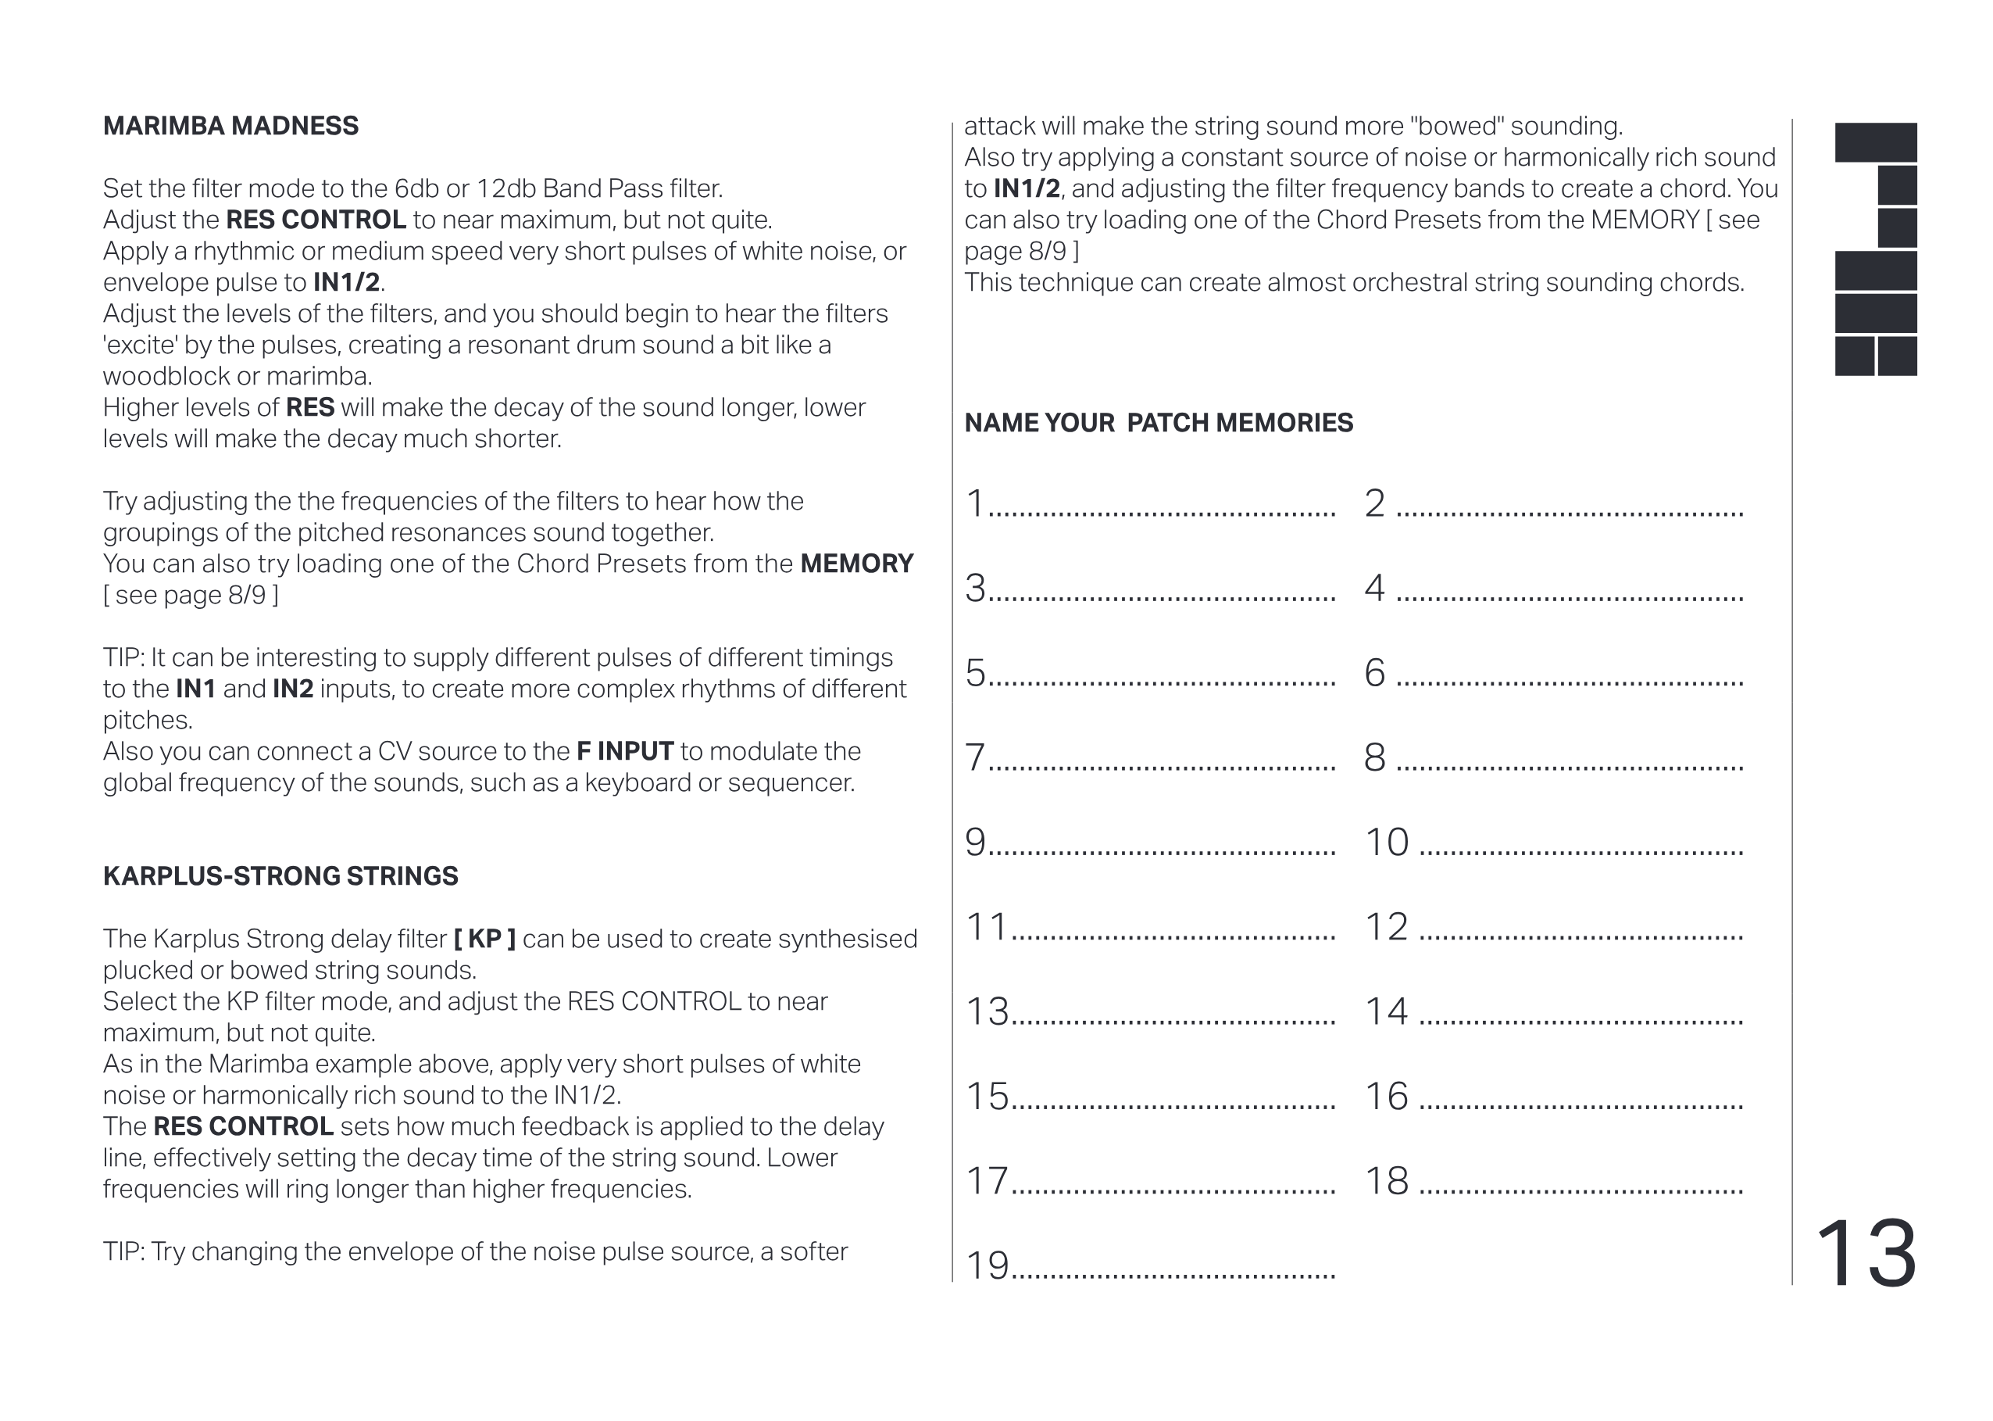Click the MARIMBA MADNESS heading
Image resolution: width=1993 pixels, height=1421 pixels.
(230, 126)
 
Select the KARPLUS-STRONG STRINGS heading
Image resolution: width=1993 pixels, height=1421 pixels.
(280, 876)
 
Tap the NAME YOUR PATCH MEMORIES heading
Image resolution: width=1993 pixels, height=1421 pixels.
(1158, 423)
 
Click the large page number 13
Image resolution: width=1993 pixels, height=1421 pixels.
(1866, 1253)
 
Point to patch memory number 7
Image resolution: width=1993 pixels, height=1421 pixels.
(974, 757)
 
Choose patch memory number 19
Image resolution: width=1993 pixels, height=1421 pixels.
(987, 1265)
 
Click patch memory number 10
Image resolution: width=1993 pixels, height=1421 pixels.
(1386, 842)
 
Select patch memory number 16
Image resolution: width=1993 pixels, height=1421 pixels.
(1386, 1097)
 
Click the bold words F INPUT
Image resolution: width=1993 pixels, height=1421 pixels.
(624, 750)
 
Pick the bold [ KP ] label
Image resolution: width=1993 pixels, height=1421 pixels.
(484, 939)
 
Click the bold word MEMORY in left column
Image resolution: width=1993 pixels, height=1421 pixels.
(856, 564)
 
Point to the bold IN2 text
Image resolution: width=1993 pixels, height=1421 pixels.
(292, 689)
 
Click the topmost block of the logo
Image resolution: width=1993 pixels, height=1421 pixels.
(1875, 141)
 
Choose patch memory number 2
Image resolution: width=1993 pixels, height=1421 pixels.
(1375, 503)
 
